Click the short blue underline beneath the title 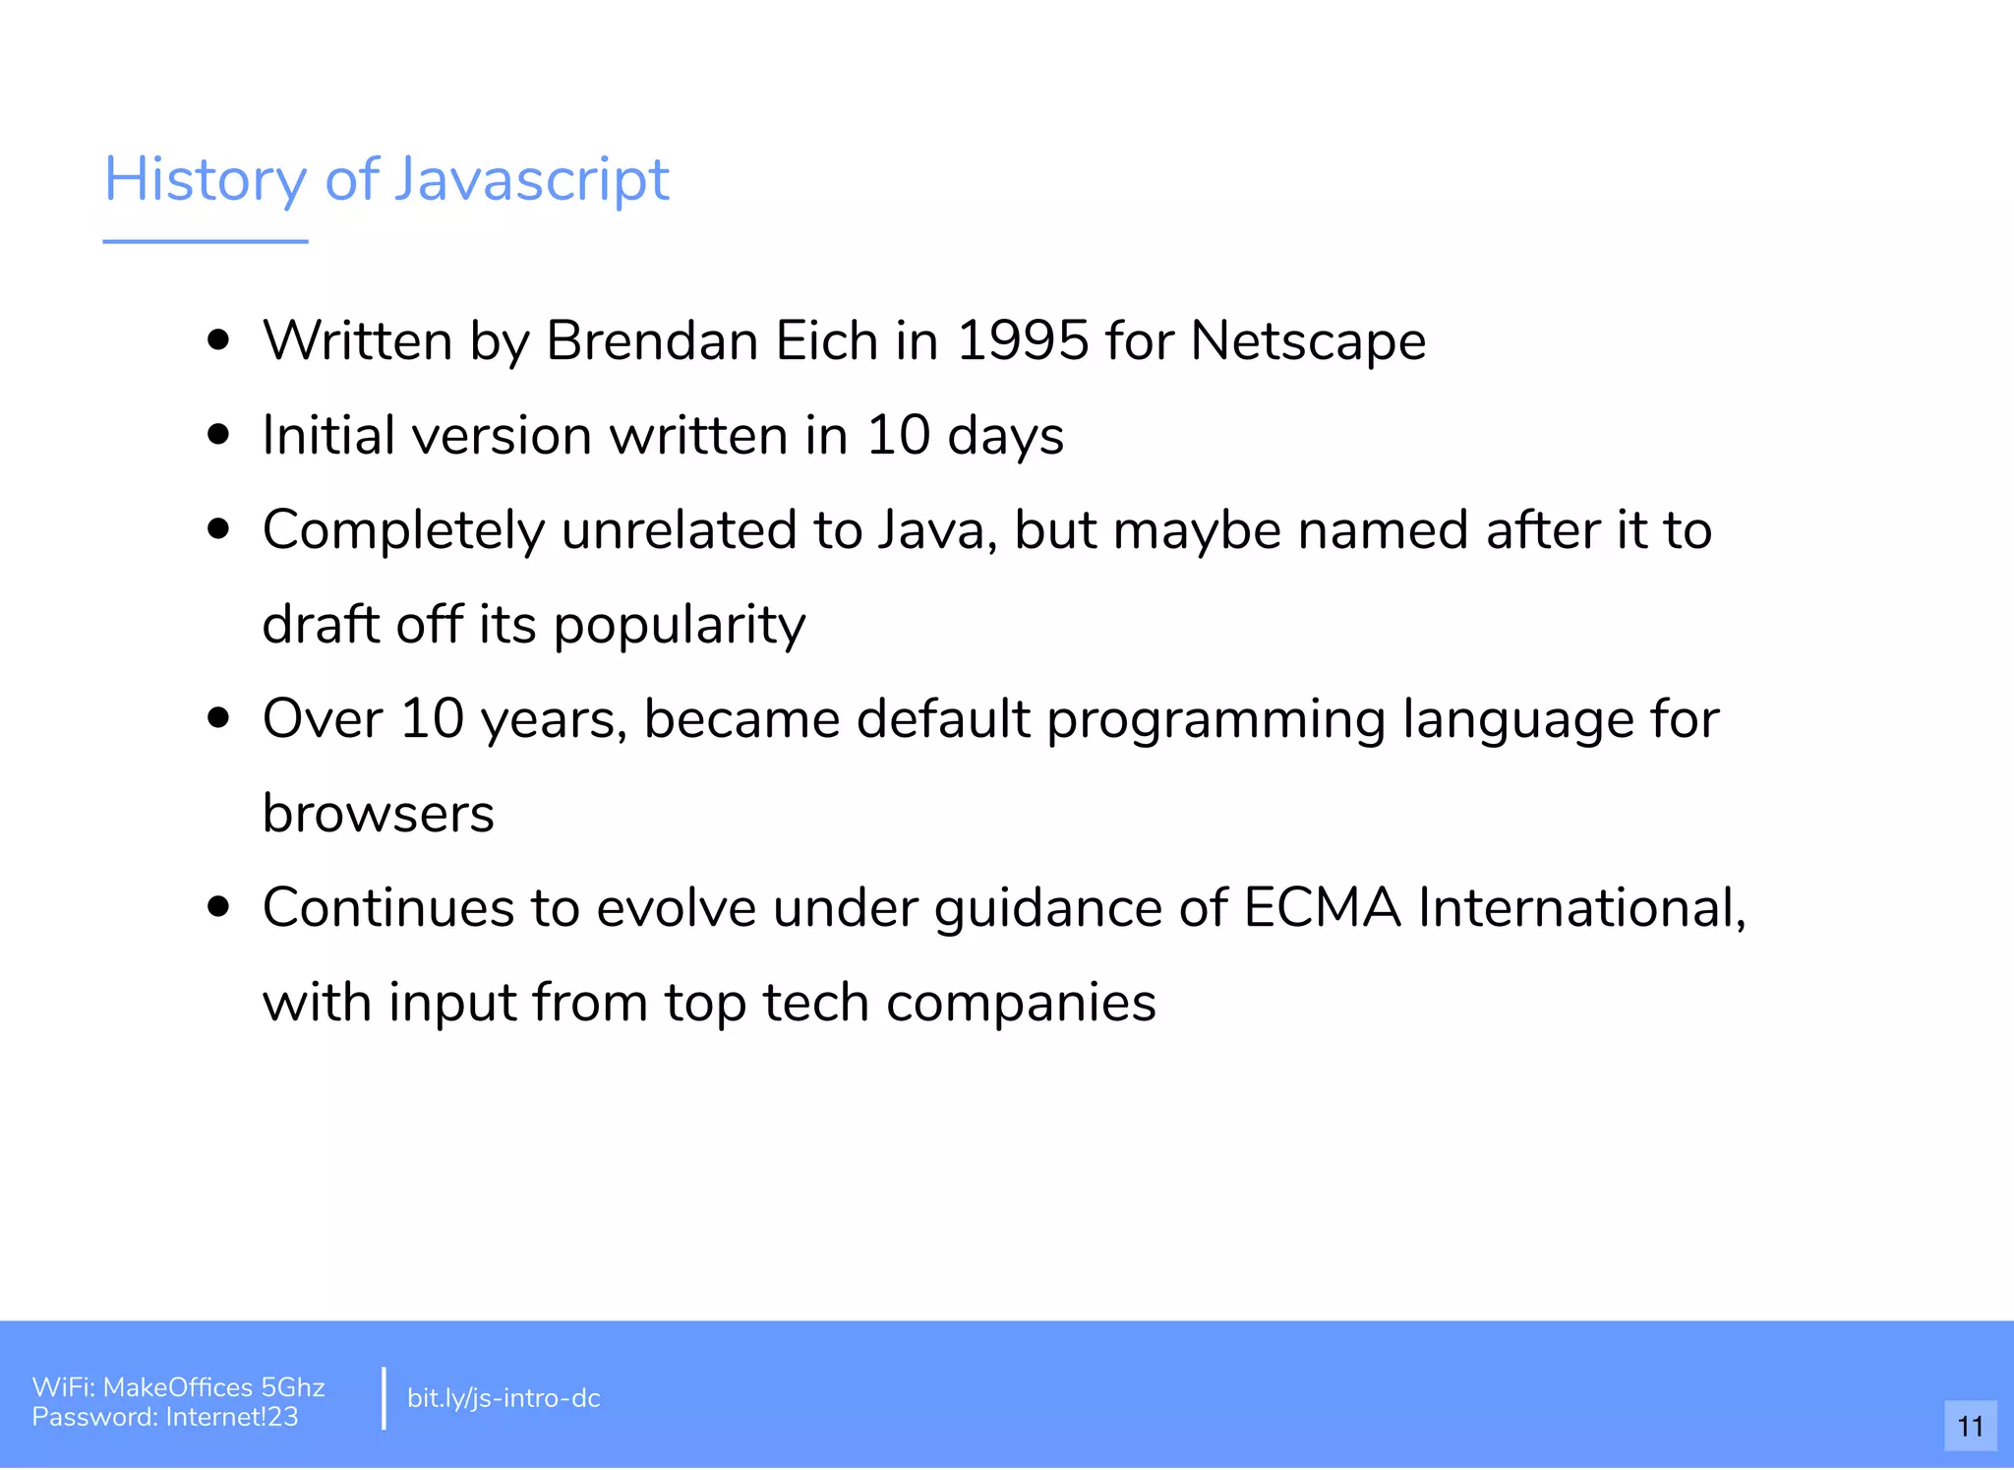point(206,241)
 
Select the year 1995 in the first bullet point(1022,341)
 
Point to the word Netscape point(1307,341)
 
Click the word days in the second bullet point(1005,436)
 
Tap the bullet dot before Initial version point(219,435)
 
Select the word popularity point(680,625)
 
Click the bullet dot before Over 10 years point(219,718)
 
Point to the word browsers point(379,814)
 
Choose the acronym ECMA point(1322,907)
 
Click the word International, point(1581,907)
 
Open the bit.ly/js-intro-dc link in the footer point(503,1398)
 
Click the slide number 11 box point(1970,1426)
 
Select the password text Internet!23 point(232,1417)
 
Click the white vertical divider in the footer point(384,1398)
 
